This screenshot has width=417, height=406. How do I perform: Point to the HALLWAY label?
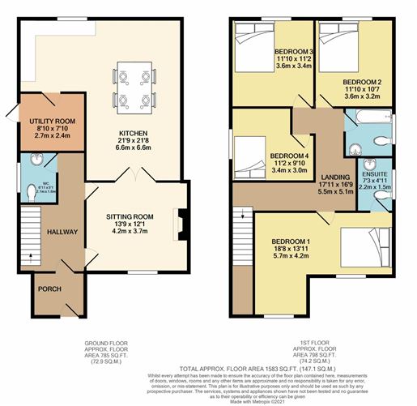coord(62,232)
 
